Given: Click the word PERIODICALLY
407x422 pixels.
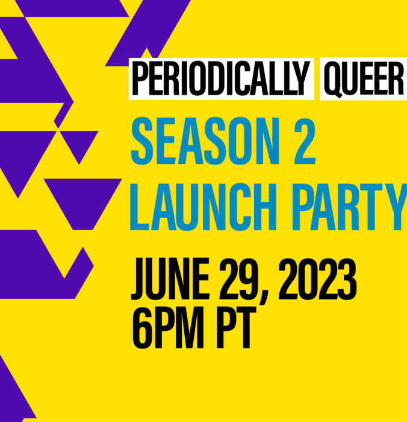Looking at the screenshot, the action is coord(221,78).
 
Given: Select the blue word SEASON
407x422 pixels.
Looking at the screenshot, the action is coord(205,140).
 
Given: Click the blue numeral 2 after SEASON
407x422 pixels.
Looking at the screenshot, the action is coord(305,141).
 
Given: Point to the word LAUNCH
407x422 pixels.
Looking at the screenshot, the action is coord(203,207).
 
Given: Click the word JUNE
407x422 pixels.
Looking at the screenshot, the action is coord(170,279).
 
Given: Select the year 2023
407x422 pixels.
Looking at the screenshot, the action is coord(317,279).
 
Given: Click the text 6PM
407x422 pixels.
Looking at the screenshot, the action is coord(168,327).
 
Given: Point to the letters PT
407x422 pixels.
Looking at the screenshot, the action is coord(236,327).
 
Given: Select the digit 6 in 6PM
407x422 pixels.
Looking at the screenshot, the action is coord(141,328).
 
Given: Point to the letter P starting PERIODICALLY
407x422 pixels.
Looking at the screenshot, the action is coord(140,78).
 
